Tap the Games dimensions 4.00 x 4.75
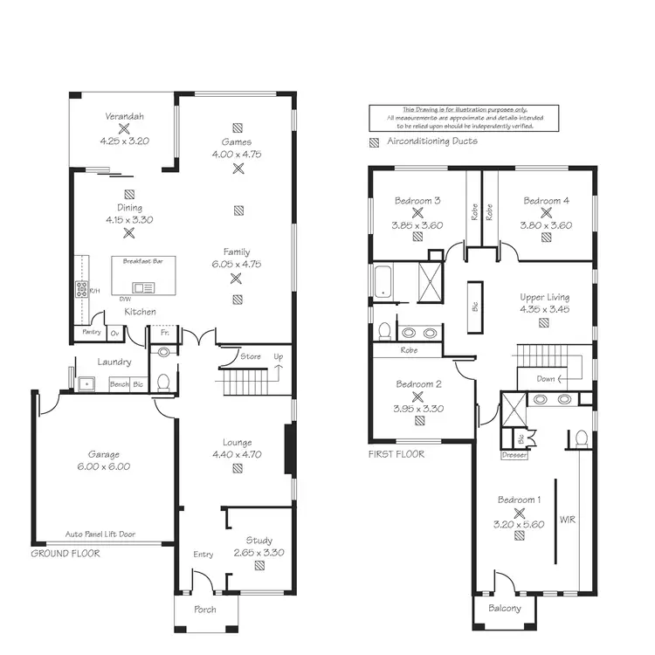click(237, 154)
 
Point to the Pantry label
click(91, 332)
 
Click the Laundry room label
click(114, 362)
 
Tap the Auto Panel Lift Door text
click(100, 534)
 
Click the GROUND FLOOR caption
click(65, 554)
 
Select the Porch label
click(203, 609)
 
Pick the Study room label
click(259, 541)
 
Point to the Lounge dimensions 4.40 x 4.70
click(237, 454)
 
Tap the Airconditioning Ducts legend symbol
click(375, 141)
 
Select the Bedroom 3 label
click(417, 201)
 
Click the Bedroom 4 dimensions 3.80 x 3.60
click(547, 225)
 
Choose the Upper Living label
click(544, 297)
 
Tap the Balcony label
click(505, 609)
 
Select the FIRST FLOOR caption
click(396, 454)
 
